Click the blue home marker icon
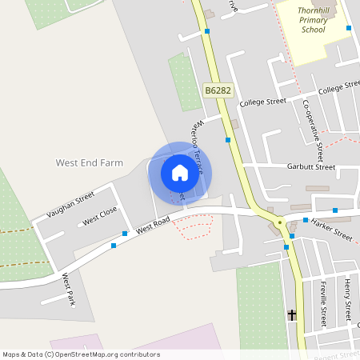[179, 173]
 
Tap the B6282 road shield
[218, 91]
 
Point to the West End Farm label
[89, 162]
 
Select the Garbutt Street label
[310, 167]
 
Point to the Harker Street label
[331, 230]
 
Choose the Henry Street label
[347, 297]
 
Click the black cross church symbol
[291, 315]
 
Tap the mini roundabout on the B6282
[279, 222]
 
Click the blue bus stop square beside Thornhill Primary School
[349, 28]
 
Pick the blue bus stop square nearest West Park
[114, 246]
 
